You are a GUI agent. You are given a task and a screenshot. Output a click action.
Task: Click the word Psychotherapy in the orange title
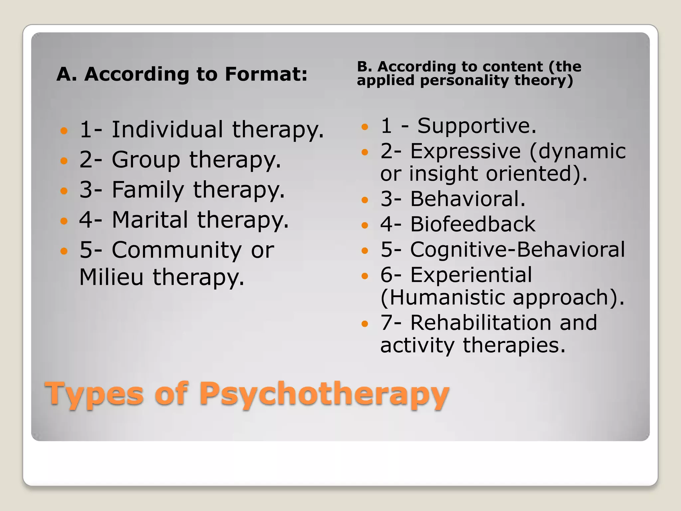point(324,394)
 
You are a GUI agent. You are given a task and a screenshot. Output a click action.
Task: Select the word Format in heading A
point(266,74)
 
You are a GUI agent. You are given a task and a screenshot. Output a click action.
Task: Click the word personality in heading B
point(464,81)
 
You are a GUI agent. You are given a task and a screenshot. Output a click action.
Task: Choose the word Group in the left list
point(146,159)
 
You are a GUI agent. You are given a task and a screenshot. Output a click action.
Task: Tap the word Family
point(148,190)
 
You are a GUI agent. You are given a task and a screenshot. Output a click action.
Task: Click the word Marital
point(150,220)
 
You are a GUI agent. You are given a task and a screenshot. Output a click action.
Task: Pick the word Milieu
point(111,277)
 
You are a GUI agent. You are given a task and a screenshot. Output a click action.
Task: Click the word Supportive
point(477,126)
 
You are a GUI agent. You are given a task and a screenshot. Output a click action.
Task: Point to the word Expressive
point(466,151)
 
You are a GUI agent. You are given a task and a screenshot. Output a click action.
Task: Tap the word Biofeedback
point(473,224)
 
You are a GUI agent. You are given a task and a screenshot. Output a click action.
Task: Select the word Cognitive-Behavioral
point(517,250)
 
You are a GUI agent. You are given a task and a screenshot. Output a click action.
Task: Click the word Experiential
point(471,275)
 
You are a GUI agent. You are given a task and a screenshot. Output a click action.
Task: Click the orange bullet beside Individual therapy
point(64,130)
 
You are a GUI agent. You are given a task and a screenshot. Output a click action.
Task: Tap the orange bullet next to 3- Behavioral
point(365,200)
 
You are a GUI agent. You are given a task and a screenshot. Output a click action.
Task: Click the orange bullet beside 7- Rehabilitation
point(365,324)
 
